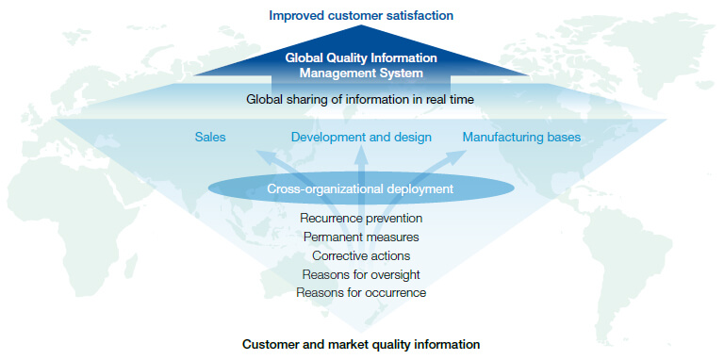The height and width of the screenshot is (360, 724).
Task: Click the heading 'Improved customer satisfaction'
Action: click(x=361, y=15)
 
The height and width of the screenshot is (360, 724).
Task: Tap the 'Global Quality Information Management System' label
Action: click(x=361, y=64)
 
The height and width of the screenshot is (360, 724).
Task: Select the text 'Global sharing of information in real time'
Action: click(x=361, y=98)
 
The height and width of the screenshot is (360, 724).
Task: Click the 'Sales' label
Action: click(x=210, y=138)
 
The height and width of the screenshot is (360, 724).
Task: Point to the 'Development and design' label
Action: click(x=361, y=138)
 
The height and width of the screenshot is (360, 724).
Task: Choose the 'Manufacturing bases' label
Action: click(x=521, y=138)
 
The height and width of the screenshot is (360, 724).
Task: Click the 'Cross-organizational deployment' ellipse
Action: click(x=361, y=188)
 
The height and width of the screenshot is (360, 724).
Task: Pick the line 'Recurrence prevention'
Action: click(x=361, y=218)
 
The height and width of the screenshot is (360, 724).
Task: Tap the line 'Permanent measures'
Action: click(x=361, y=237)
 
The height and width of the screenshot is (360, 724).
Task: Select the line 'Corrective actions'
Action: click(x=361, y=255)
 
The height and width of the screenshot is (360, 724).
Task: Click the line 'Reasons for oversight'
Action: click(x=361, y=274)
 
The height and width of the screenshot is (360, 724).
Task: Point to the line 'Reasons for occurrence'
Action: click(x=361, y=293)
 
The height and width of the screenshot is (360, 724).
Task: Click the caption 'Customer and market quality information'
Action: click(x=361, y=344)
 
